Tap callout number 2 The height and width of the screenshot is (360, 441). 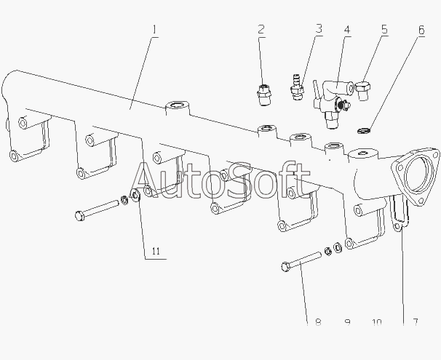(x=261, y=29)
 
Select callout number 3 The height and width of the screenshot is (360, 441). (x=318, y=29)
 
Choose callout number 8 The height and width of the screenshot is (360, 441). (x=318, y=321)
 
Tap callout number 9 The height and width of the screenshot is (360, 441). (x=347, y=321)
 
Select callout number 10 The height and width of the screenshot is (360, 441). (x=376, y=321)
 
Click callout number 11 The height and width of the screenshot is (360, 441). (x=155, y=252)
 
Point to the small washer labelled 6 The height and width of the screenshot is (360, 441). (x=364, y=131)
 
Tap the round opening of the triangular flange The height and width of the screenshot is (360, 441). (x=416, y=173)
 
